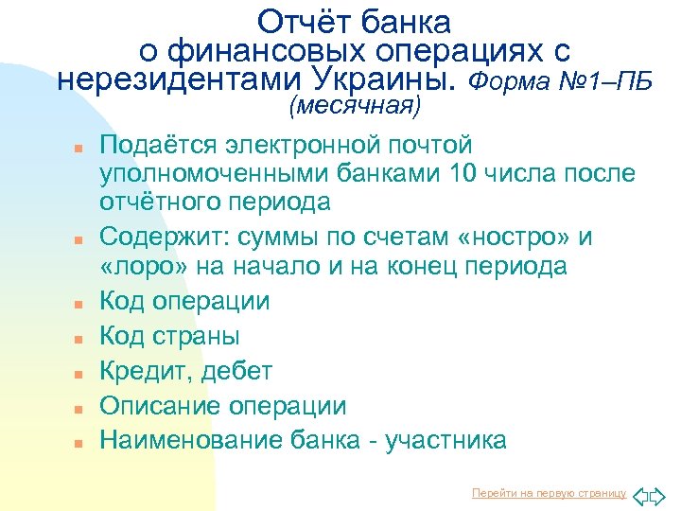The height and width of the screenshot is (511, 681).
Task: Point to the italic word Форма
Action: tap(504, 79)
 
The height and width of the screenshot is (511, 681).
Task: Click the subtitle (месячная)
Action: tap(355, 105)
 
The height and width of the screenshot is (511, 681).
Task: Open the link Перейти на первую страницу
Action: tap(549, 493)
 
